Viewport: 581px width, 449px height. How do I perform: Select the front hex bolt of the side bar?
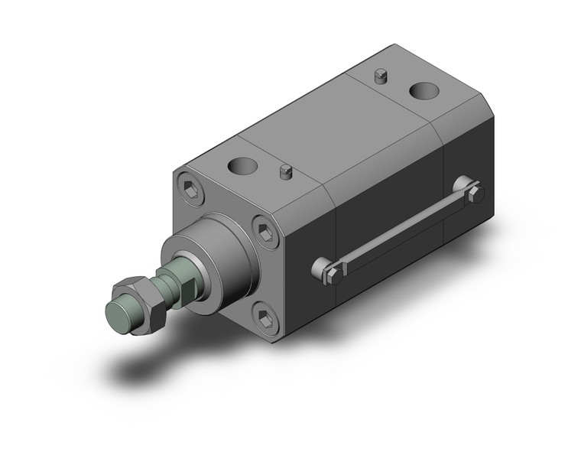335,274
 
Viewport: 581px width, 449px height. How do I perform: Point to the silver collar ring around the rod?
190,265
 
